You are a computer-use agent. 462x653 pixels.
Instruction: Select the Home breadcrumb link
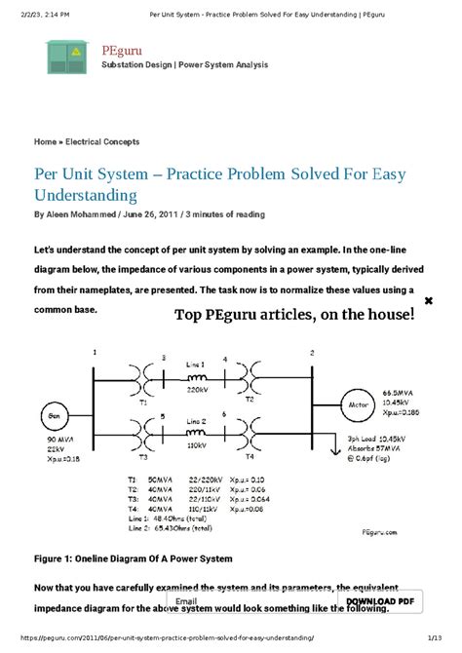pyautogui.click(x=45, y=141)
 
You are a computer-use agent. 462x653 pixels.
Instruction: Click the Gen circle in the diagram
pyautogui.click(x=50, y=416)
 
